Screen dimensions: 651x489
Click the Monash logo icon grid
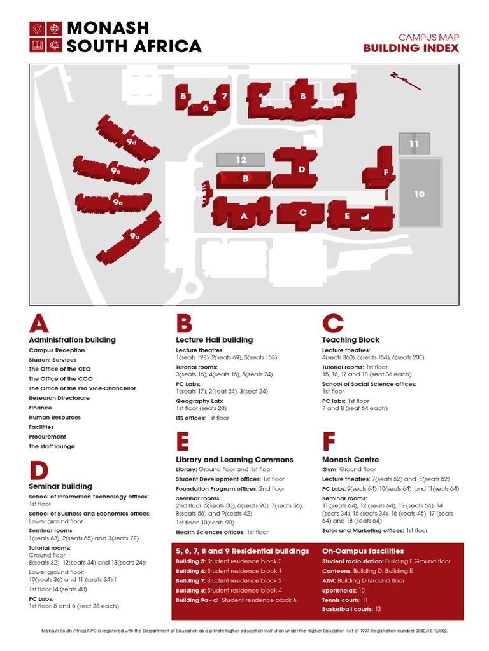[45, 37]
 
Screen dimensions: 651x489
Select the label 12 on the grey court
[241, 160]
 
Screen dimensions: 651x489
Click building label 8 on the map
[303, 97]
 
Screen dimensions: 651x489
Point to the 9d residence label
[131, 142]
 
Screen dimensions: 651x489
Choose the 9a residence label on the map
[134, 236]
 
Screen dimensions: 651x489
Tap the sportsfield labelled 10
[419, 194]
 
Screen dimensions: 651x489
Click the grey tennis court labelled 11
[414, 144]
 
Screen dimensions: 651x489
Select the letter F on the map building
[386, 172]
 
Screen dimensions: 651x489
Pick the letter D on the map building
[302, 170]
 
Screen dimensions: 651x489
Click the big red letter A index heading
[38, 324]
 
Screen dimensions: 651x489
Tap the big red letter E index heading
[183, 442]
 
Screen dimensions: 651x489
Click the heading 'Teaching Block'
[350, 340]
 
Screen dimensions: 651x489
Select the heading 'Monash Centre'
[350, 460]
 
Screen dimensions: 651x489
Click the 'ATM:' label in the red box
[329, 580]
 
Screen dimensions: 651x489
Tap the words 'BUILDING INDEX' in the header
[411, 48]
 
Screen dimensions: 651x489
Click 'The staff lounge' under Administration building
[52, 446]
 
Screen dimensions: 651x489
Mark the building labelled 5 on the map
[183, 96]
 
